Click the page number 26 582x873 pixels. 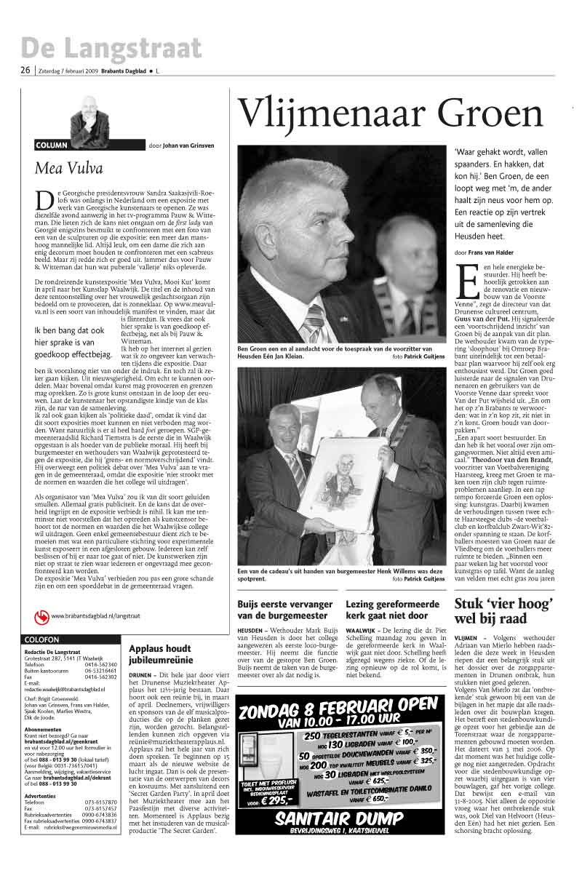tap(25, 71)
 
